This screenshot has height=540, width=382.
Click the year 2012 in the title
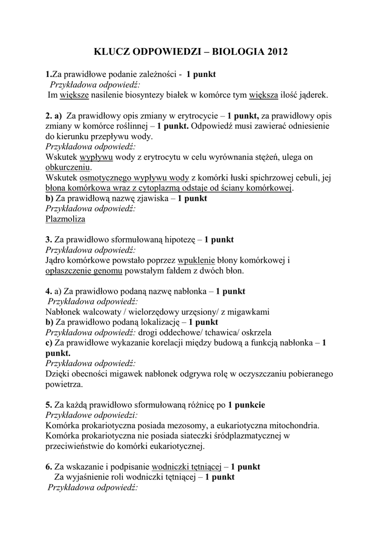(278, 52)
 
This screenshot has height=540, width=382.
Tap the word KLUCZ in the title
(111, 52)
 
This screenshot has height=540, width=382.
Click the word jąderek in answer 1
(313, 95)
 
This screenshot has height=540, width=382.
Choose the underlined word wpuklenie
(197, 260)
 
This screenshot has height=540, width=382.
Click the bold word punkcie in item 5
(246, 405)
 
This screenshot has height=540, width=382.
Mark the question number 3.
(48, 239)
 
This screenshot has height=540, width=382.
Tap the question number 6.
(48, 467)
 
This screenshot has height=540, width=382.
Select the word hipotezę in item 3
(180, 239)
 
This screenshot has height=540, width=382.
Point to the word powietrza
(64, 384)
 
